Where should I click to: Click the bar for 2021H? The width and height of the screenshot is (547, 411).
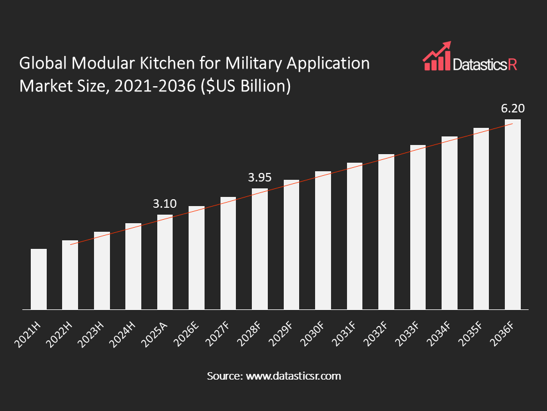(39, 279)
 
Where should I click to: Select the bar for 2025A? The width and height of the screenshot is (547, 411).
(165, 262)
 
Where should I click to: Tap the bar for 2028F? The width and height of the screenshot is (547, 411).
(260, 249)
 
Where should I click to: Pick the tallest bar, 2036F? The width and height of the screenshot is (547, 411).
(513, 214)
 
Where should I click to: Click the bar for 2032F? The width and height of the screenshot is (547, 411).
(386, 232)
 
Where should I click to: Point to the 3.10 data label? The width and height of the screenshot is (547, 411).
(165, 203)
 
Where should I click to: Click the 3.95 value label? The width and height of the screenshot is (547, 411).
(260, 178)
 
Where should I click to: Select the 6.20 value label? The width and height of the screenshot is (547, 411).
(513, 108)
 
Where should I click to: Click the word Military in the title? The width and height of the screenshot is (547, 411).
(254, 64)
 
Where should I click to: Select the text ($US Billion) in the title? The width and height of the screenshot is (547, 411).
(245, 86)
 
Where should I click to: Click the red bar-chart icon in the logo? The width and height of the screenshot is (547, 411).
(437, 57)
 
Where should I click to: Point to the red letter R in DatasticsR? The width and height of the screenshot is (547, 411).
(512, 65)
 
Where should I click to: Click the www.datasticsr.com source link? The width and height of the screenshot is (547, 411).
(293, 376)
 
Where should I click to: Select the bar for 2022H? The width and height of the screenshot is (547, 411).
(70, 275)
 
